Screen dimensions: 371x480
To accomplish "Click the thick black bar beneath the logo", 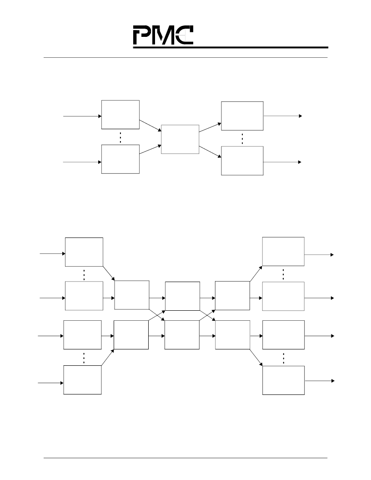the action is click(231, 47).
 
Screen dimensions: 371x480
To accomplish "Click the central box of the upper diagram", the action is click(180, 139).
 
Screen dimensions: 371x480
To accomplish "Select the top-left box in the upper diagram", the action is click(120, 115).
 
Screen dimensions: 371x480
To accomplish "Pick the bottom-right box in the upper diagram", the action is click(242, 161).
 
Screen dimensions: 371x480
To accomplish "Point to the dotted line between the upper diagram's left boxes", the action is click(120, 137).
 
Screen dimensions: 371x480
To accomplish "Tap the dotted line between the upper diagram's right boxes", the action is click(242, 139).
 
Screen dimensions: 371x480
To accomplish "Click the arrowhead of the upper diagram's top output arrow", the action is click(301, 116).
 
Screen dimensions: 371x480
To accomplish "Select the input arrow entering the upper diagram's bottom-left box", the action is click(82, 162).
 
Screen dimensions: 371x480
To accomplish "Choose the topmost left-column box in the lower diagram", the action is click(84, 252).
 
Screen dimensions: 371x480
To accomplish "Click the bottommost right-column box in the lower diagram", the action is click(284, 380).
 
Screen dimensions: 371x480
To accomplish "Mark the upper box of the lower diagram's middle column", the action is click(183, 296).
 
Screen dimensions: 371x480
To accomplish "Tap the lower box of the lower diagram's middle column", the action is click(182, 335).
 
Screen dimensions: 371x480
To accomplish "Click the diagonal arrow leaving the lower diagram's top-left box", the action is click(109, 273).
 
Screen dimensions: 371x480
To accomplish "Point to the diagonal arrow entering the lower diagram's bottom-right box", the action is click(256, 358).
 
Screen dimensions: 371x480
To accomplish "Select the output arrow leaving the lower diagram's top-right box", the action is click(319, 255).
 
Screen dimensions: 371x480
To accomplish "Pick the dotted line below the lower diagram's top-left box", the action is click(84, 275).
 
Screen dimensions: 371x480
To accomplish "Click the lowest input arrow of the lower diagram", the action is click(51, 383).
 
